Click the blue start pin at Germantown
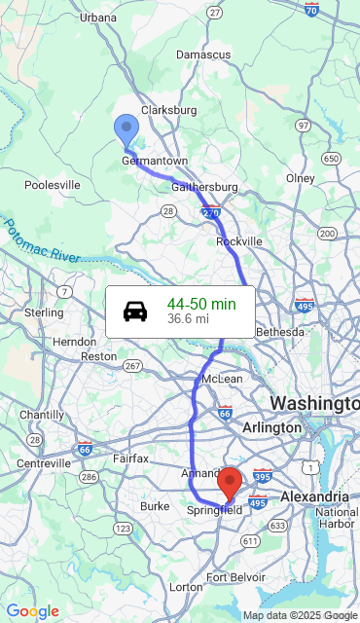click(126, 129)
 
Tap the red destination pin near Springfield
click(230, 483)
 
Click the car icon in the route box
click(135, 311)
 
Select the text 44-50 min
click(200, 305)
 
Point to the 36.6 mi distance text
click(188, 318)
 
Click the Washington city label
click(313, 403)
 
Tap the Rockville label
click(239, 241)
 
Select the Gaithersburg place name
click(204, 187)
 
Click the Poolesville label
click(53, 185)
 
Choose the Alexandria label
click(314, 496)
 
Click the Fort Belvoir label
click(232, 578)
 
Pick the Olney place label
click(301, 178)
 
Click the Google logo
click(32, 611)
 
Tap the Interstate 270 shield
click(211, 211)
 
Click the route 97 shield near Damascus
click(304, 126)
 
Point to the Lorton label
click(186, 587)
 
